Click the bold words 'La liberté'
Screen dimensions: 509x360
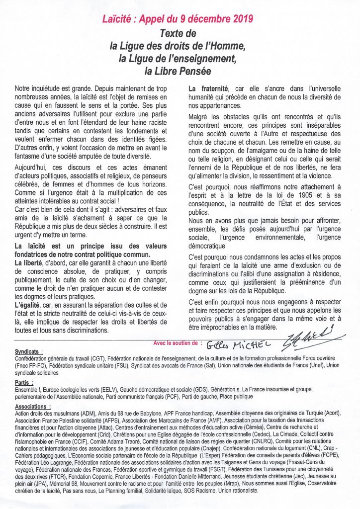[x=29, y=263]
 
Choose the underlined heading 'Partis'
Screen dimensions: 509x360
[x=23, y=383]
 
